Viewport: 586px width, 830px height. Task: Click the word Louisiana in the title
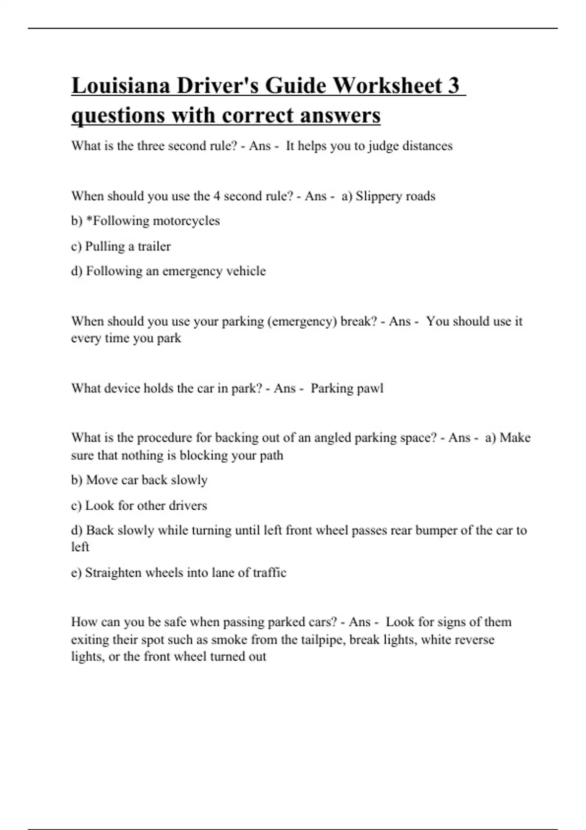point(121,85)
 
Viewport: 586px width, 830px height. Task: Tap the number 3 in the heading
point(453,85)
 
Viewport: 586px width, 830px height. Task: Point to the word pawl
point(372,389)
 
